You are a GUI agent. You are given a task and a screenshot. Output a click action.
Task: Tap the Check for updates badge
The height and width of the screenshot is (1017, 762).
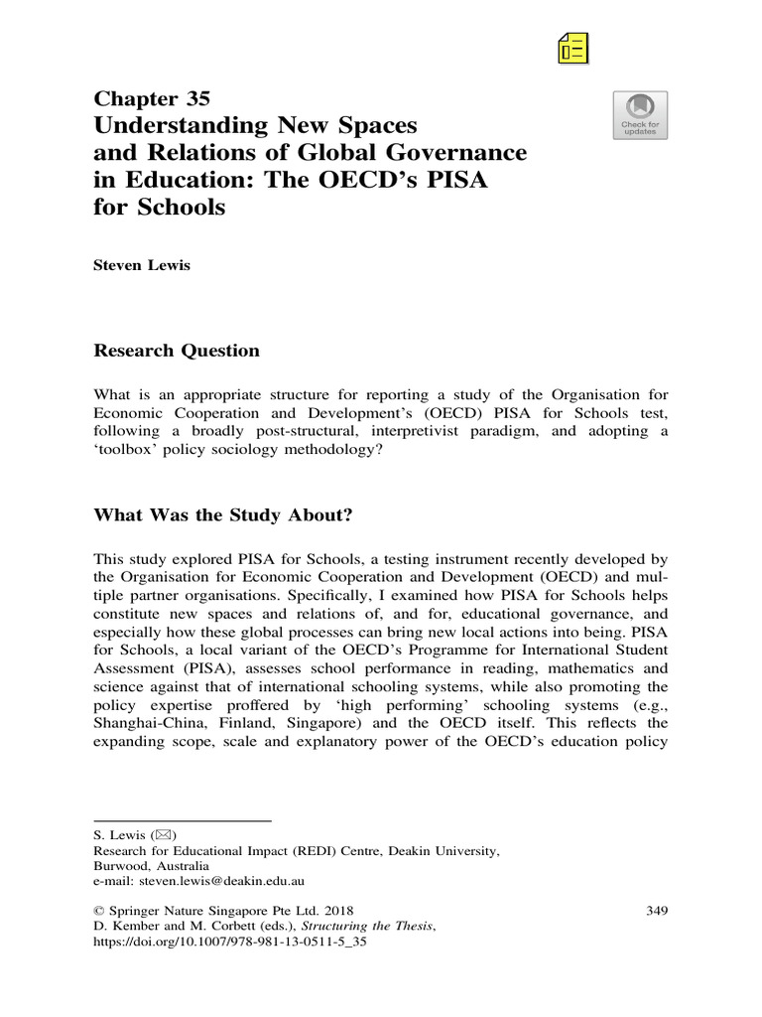click(x=640, y=115)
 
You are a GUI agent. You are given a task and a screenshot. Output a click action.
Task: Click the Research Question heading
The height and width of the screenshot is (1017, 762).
click(x=176, y=351)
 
